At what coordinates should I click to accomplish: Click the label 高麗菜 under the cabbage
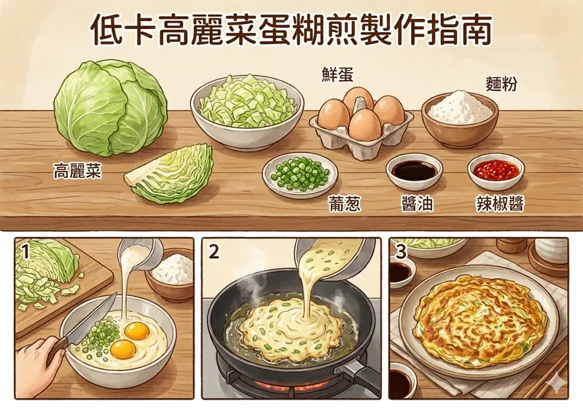click(77, 172)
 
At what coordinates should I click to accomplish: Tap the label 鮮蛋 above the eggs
click(337, 74)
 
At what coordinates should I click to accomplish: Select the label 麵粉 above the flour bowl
click(501, 85)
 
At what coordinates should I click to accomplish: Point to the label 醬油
click(417, 203)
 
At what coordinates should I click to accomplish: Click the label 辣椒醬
click(500, 203)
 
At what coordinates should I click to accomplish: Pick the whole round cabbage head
click(111, 107)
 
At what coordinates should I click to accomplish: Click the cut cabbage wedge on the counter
click(170, 174)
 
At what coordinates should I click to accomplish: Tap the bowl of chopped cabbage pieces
click(247, 111)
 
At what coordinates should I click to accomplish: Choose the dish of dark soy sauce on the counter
click(414, 171)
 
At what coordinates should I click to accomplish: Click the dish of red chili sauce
click(496, 171)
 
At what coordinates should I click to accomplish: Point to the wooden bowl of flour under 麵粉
click(460, 118)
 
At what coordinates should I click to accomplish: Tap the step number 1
click(26, 253)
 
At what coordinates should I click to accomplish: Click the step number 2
click(214, 253)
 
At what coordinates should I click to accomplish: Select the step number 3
click(401, 252)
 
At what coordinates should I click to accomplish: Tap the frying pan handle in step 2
click(359, 375)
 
